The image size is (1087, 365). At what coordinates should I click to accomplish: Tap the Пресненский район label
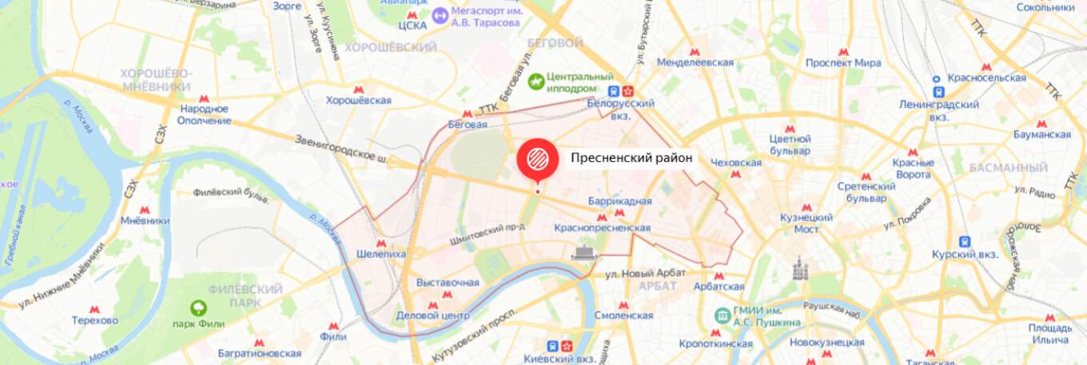click(x=631, y=158)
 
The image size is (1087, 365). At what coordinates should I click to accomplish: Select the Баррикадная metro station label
click(x=619, y=201)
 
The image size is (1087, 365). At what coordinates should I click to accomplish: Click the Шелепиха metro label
click(x=380, y=254)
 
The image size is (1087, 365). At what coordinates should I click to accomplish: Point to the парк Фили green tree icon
click(x=197, y=308)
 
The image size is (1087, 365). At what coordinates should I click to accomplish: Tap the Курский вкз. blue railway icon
click(x=965, y=241)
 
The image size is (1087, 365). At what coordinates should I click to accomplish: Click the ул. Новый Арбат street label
click(x=645, y=273)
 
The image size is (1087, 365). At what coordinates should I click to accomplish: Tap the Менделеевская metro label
click(x=695, y=62)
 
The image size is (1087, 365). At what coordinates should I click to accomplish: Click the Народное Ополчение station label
click(x=204, y=114)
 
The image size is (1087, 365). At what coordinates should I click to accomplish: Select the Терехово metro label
click(x=94, y=320)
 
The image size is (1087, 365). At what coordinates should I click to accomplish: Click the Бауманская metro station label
click(x=1041, y=134)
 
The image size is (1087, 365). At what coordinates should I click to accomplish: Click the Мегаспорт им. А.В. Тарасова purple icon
click(x=440, y=15)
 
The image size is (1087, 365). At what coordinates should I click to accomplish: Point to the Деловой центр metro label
click(x=432, y=315)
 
